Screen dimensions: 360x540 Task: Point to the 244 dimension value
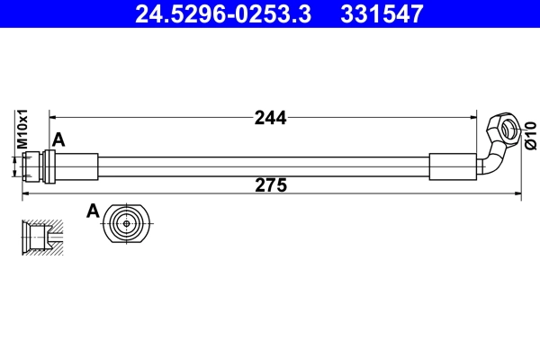pos(270,117)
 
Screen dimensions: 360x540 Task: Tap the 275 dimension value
pos(270,186)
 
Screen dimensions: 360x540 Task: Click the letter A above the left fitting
pos(59,139)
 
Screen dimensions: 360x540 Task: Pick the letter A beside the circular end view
pos(92,211)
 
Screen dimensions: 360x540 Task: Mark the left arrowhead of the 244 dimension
pos(52,117)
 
